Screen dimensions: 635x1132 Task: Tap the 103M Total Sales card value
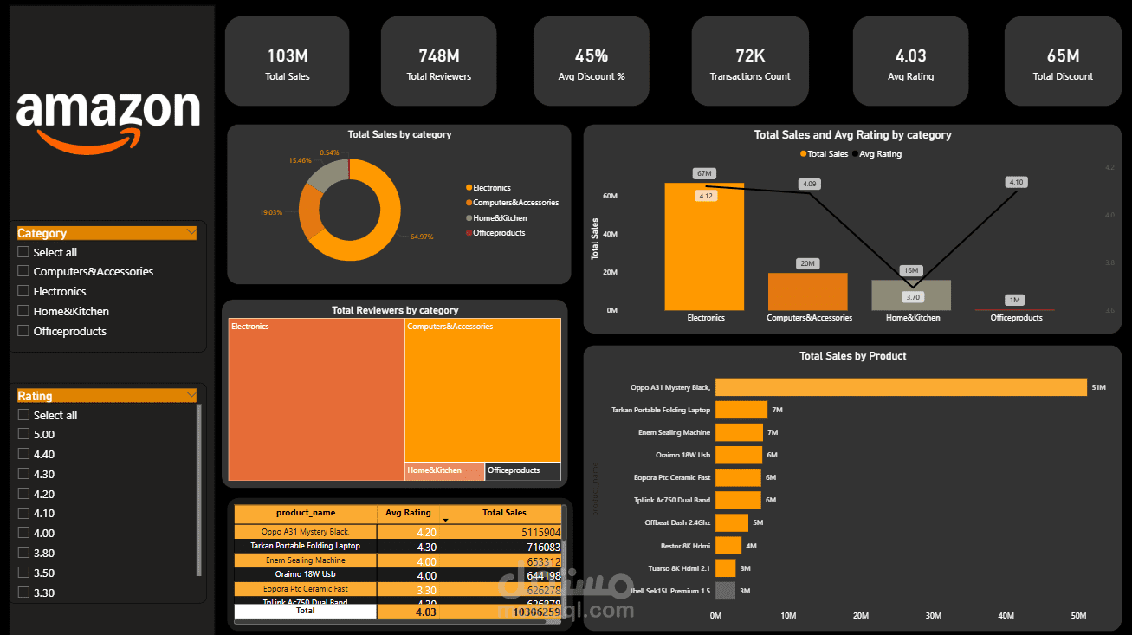tap(287, 56)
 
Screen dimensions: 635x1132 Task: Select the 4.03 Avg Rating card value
tap(910, 56)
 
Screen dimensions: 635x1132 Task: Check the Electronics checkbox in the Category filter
tap(23, 291)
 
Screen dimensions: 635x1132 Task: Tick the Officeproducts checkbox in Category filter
tap(23, 331)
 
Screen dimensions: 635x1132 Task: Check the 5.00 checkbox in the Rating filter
tap(23, 434)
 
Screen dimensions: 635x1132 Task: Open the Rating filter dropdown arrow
tap(190, 395)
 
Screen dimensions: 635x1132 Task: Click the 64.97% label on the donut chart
tap(422, 237)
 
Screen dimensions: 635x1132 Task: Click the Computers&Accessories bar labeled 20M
tap(807, 292)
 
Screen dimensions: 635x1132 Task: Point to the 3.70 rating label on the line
tap(911, 297)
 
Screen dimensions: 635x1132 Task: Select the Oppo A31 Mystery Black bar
tap(900, 387)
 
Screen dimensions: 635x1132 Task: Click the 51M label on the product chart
tap(1098, 387)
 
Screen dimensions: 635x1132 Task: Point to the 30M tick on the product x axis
tap(934, 616)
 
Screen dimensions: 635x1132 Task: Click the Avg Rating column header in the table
tap(407, 513)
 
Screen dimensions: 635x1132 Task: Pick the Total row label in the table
tap(305, 611)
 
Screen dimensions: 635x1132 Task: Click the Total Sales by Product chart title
tap(852, 356)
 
